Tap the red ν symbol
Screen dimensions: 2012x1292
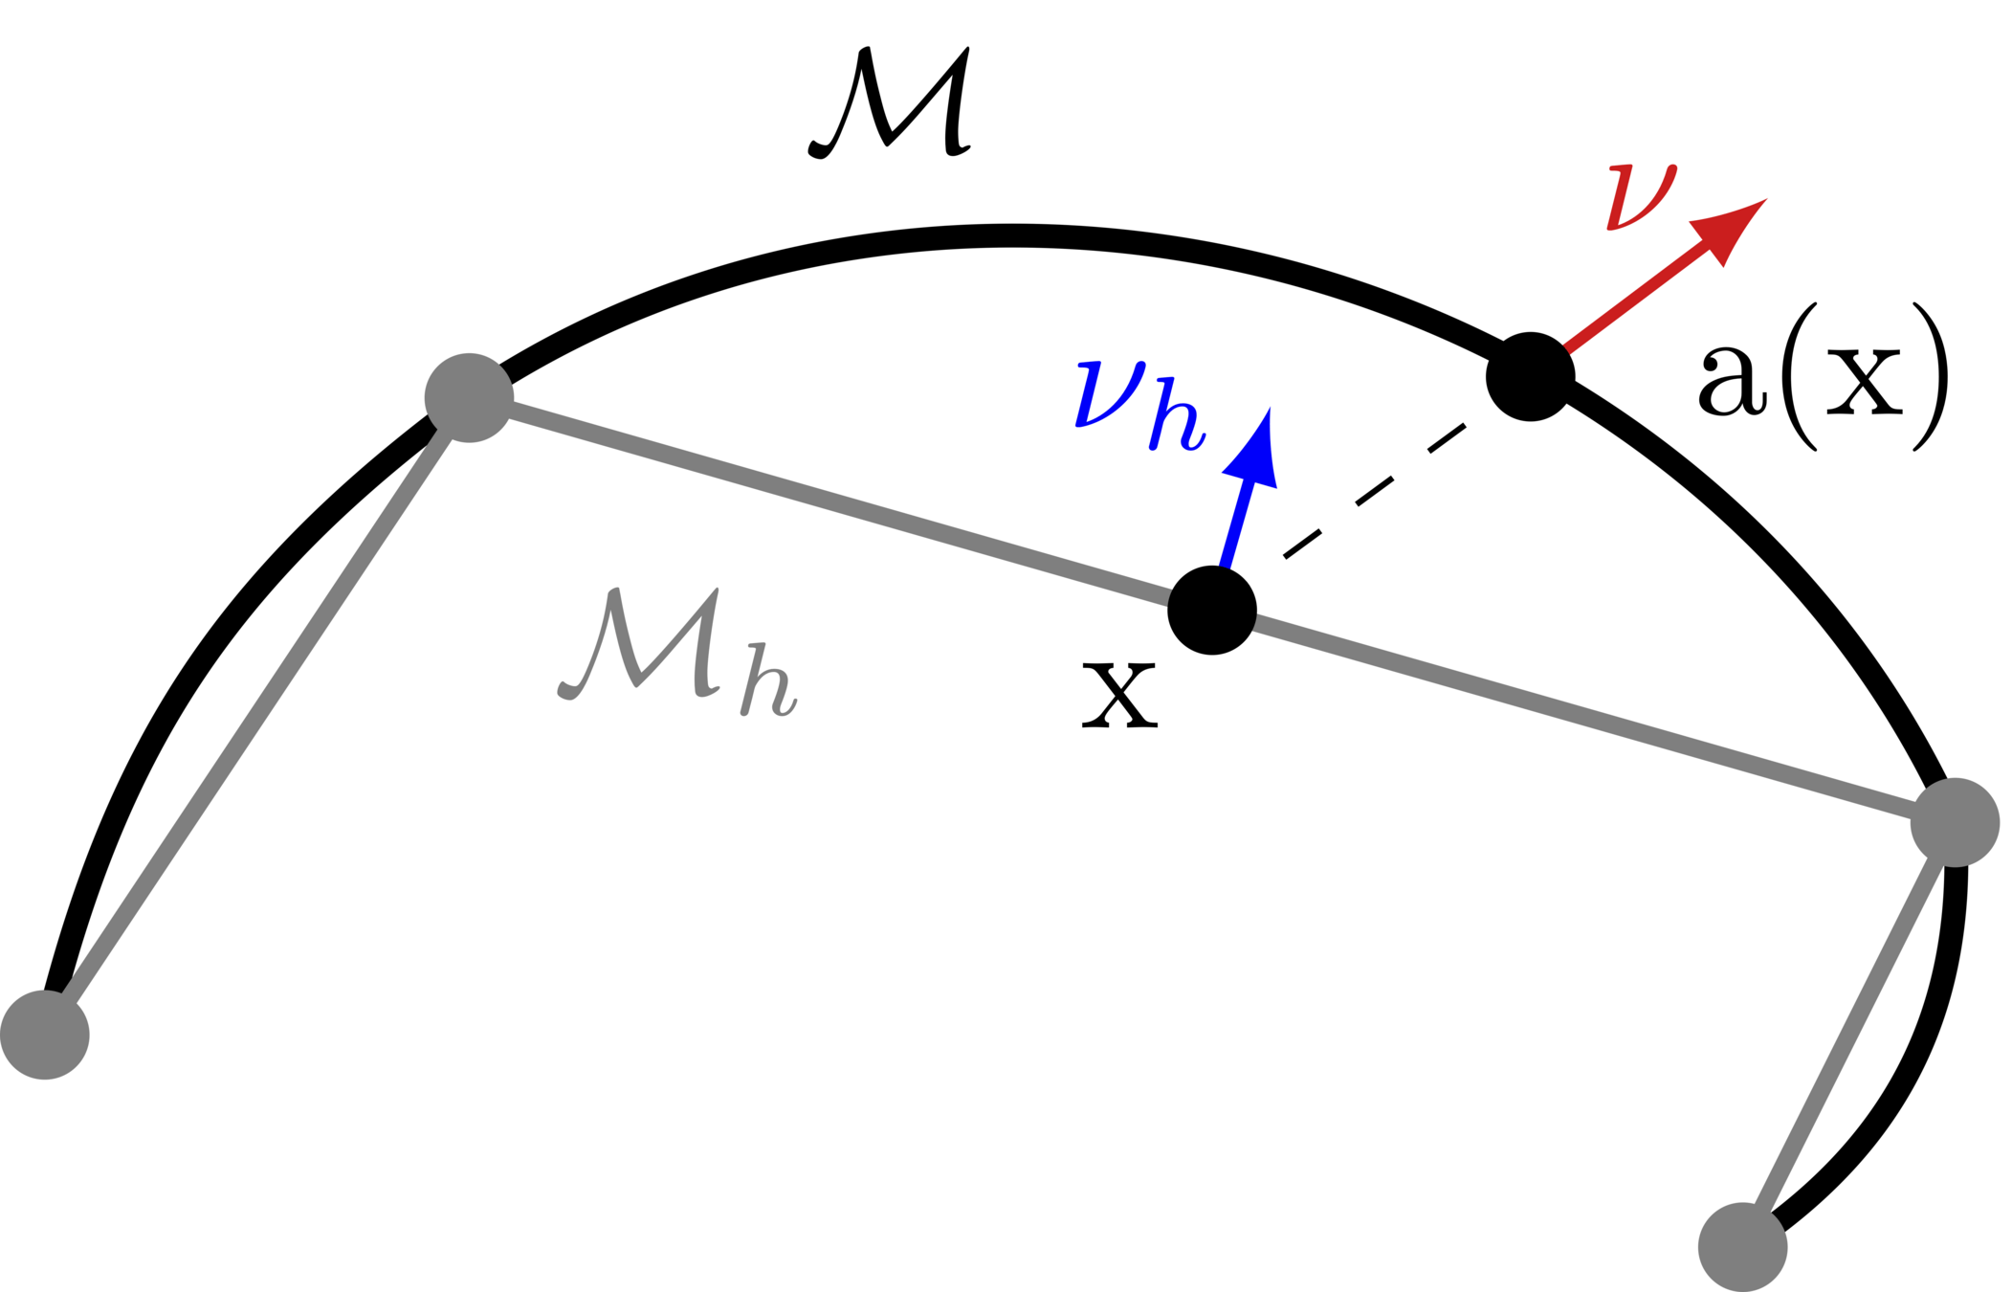[1641, 197]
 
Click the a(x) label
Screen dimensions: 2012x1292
[1822, 376]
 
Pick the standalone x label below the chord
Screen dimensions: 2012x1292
[1119, 694]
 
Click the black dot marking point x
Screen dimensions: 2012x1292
[1211, 611]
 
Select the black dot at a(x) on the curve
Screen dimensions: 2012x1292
[1530, 376]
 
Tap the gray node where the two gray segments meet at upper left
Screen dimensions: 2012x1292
[469, 397]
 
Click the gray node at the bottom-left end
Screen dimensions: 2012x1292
[45, 1035]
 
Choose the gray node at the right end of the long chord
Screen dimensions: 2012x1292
[1955, 823]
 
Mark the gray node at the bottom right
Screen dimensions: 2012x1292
[1742, 1247]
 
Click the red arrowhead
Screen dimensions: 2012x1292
[1727, 229]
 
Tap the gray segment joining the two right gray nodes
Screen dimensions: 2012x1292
[1848, 1035]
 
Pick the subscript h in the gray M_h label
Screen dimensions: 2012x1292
[768, 680]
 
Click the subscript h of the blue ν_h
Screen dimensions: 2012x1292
[1177, 414]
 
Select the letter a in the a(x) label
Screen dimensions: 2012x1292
[1731, 380]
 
